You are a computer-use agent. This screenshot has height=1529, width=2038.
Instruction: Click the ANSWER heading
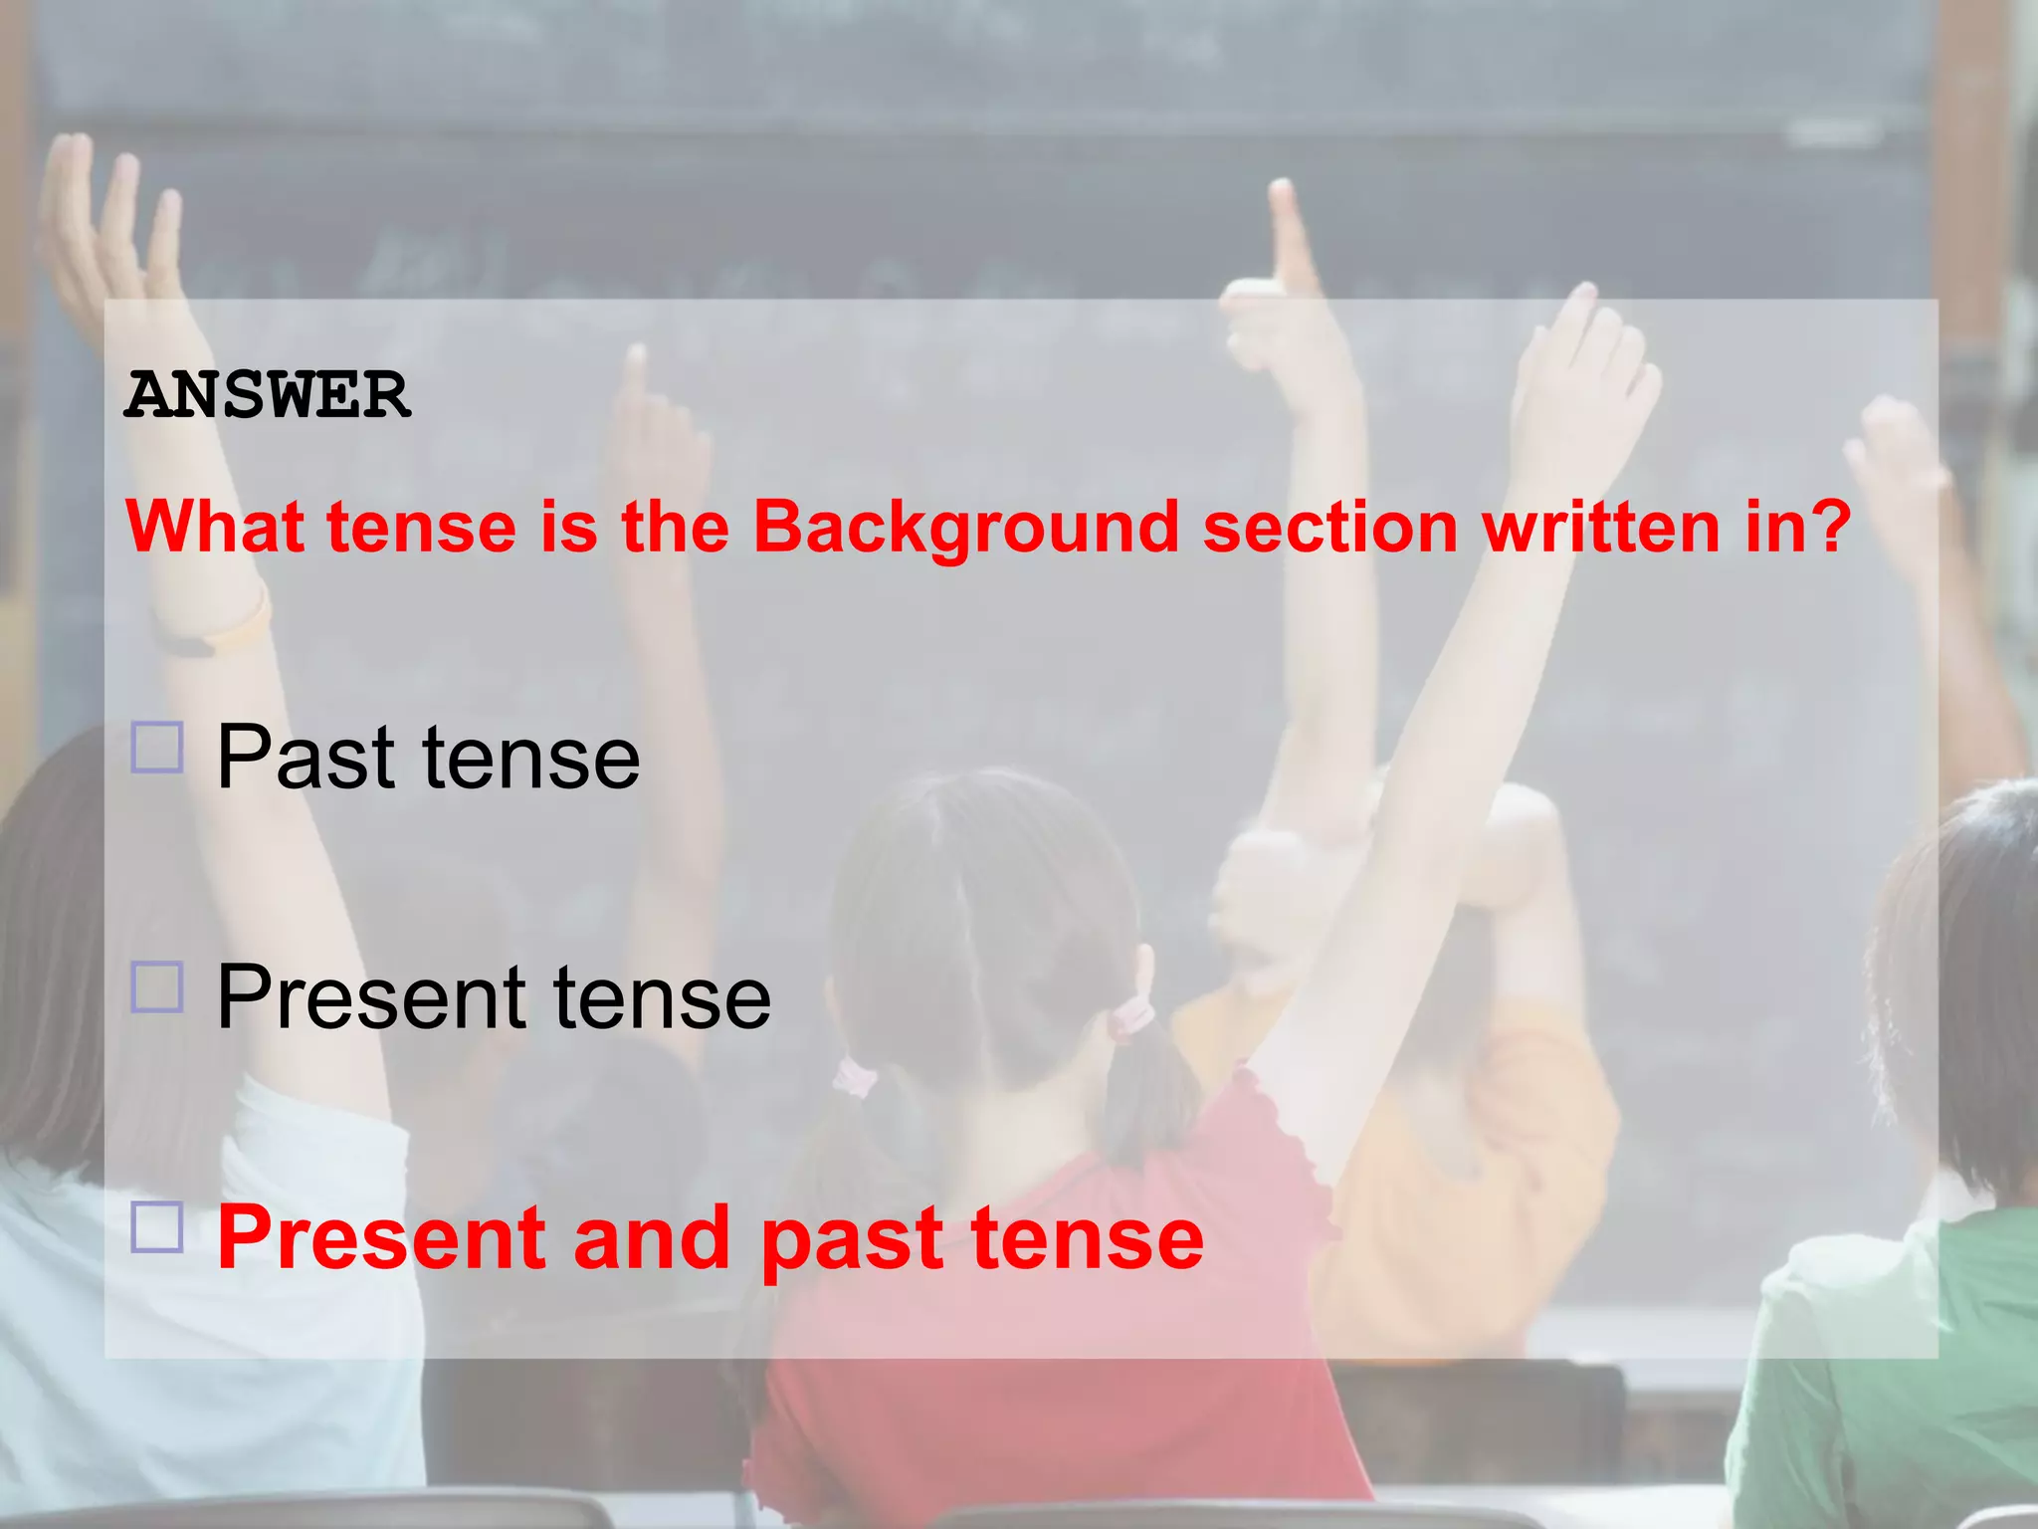(268, 395)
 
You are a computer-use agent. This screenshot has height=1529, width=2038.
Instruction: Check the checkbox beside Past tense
(157, 749)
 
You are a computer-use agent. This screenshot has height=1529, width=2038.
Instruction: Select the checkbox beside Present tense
(157, 987)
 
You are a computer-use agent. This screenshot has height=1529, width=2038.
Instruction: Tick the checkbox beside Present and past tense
(157, 1227)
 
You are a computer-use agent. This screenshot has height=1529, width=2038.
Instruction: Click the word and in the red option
(653, 1237)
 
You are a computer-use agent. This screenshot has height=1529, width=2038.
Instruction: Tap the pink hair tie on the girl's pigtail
(1131, 1017)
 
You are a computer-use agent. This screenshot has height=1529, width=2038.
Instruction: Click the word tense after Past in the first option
(531, 759)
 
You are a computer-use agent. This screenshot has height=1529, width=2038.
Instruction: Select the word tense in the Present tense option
(662, 997)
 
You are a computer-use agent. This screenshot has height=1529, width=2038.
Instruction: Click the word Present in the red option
(382, 1237)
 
